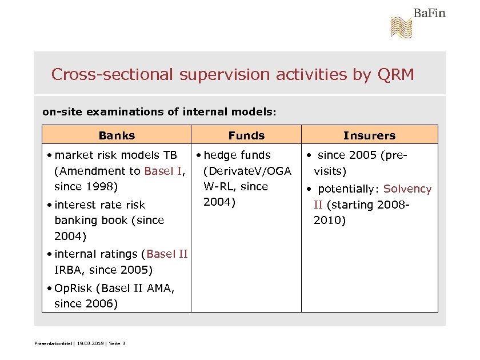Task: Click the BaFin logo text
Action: click(429, 13)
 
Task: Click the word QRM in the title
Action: click(395, 74)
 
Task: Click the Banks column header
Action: click(117, 135)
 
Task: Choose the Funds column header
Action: click(246, 135)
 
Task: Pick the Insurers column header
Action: click(369, 135)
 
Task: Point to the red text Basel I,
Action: click(166, 171)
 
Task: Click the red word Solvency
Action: click(407, 189)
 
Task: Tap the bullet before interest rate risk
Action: click(50, 205)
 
